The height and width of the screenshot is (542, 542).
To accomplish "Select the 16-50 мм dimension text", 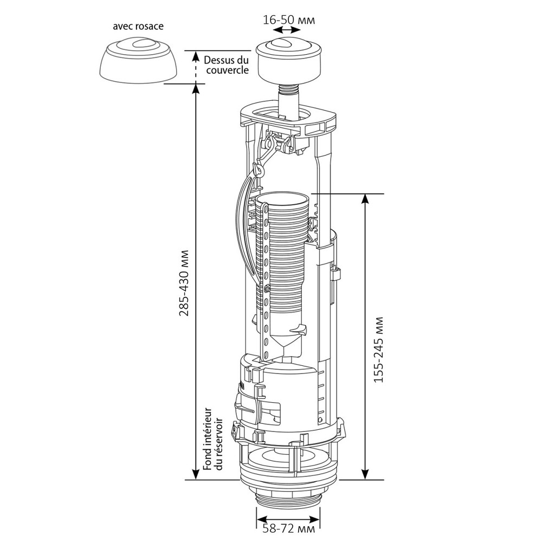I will point(288,19).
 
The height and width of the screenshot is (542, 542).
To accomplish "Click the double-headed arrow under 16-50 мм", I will point(288,31).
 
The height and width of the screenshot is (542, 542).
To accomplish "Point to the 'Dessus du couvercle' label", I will point(227,64).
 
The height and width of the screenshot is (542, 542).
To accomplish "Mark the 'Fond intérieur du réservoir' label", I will point(212,440).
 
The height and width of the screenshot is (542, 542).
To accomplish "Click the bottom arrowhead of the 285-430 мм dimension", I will point(196,475).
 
